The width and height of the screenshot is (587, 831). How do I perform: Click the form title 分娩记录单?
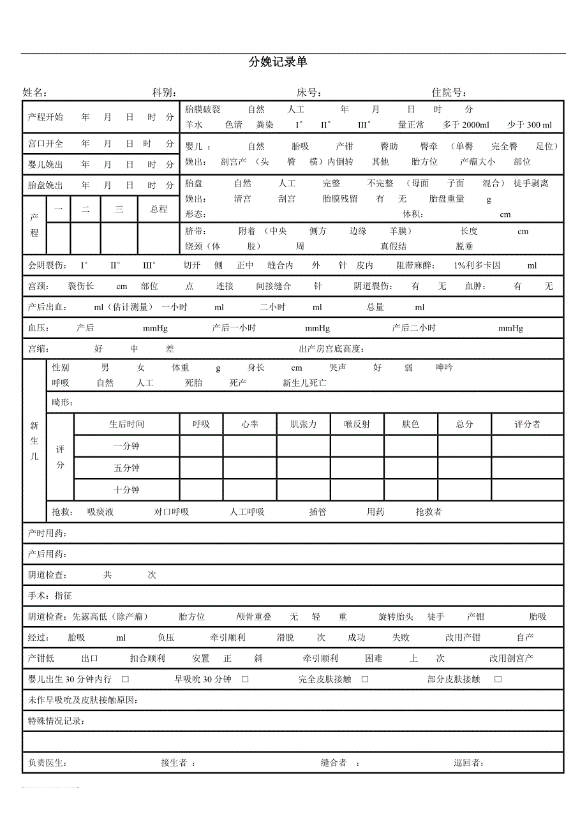point(278,62)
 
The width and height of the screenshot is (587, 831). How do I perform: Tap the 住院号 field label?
point(450,93)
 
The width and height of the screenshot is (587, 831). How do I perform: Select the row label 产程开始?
point(46,117)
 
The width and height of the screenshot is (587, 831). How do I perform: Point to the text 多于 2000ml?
point(466,125)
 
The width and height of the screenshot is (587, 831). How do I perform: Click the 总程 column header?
point(159,209)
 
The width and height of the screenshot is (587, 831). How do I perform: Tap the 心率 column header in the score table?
point(249,424)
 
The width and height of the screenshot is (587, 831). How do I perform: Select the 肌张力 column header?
point(303,424)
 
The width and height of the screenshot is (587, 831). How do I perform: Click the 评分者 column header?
point(527,424)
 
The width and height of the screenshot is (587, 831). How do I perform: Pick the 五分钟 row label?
point(126,468)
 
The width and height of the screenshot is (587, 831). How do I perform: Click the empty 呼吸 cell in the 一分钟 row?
point(201,446)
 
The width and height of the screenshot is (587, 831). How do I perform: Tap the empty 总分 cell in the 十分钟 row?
point(464,490)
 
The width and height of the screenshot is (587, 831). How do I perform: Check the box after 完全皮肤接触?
point(365,679)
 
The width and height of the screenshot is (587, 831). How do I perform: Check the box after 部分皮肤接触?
point(498,679)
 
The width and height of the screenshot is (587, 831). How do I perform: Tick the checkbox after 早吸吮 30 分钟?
point(245,679)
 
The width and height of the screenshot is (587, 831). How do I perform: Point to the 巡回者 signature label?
point(467,763)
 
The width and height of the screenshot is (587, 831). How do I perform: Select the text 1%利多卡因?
point(477,266)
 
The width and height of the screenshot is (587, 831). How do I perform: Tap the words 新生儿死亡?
point(304,383)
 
